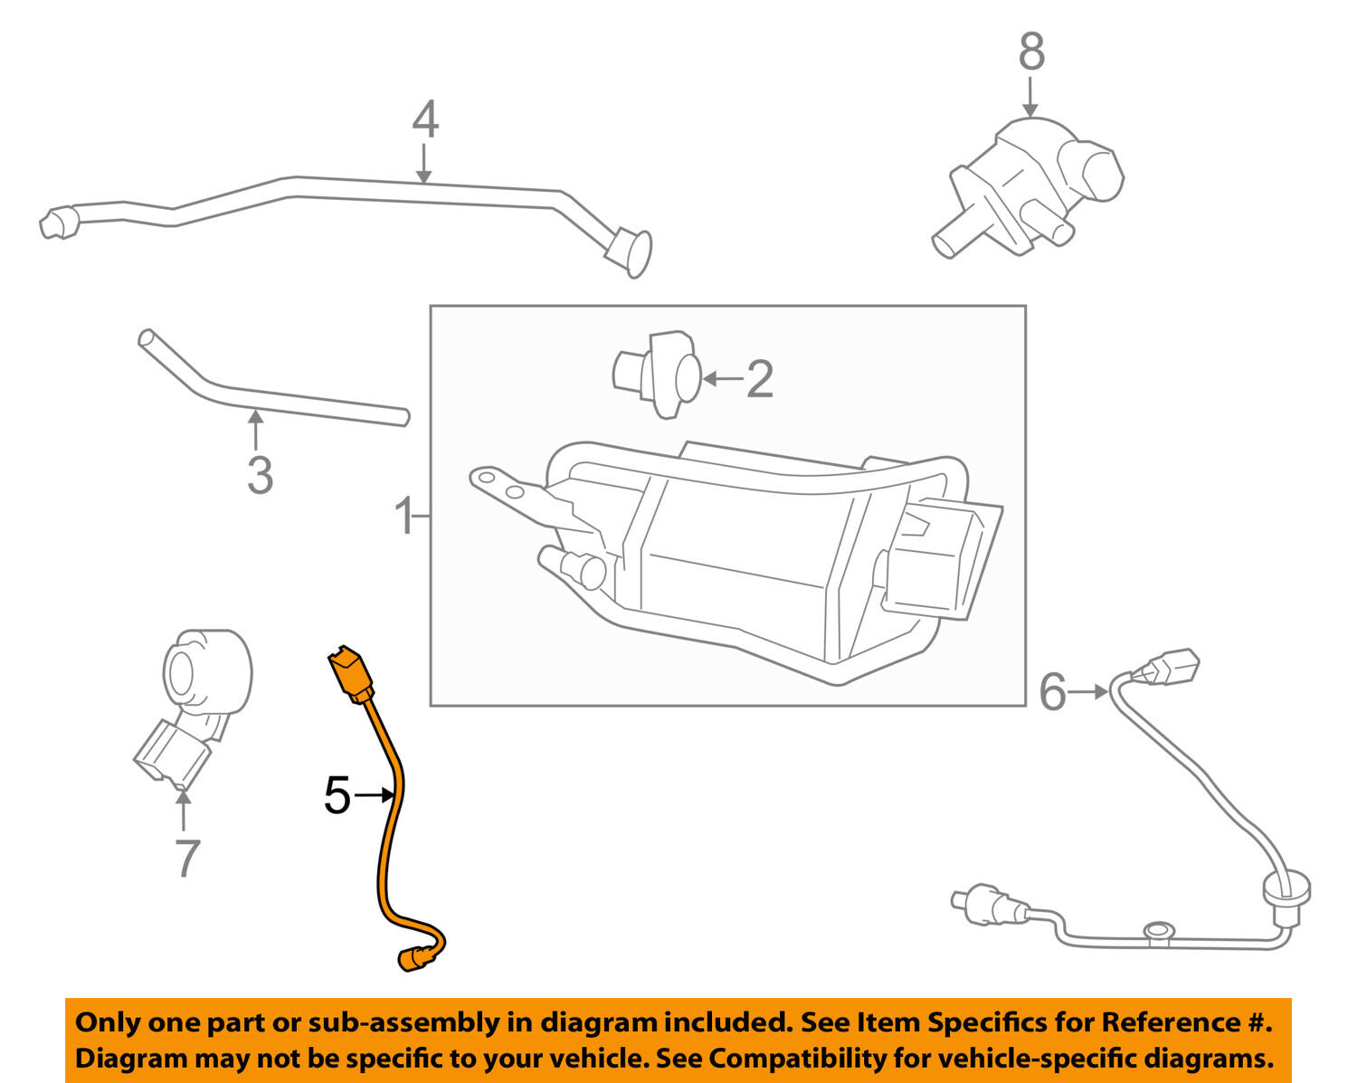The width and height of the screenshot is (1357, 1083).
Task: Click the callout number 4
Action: pos(425,120)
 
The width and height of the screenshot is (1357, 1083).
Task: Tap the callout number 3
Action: pos(260,475)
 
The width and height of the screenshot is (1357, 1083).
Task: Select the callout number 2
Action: pos(759,379)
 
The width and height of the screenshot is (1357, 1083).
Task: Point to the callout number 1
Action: pos(403,518)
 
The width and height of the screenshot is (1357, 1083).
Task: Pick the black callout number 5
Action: pos(337,796)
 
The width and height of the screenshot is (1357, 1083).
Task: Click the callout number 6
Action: pos(1052,692)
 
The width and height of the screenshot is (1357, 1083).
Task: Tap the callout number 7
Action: pos(185,858)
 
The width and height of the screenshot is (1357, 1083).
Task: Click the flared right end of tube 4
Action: pos(632,252)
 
